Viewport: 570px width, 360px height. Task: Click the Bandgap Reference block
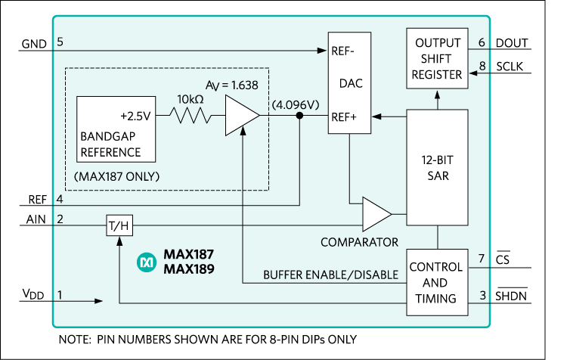pos(116,129)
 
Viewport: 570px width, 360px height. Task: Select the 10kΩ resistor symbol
pos(189,116)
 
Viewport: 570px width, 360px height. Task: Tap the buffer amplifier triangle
pos(241,116)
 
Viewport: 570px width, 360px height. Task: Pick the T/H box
pos(119,225)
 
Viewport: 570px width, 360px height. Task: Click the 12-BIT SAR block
pos(437,167)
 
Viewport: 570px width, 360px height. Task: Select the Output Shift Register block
pos(437,58)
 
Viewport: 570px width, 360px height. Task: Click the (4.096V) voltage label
pos(294,104)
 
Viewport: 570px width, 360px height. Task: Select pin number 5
pos(59,42)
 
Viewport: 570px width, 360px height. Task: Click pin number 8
pos(482,67)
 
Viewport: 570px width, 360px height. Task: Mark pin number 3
pos(482,294)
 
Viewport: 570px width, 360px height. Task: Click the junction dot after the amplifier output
pos(300,116)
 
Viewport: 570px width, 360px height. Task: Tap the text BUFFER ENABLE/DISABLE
pos(330,275)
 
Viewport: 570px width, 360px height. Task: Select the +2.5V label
pos(136,116)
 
